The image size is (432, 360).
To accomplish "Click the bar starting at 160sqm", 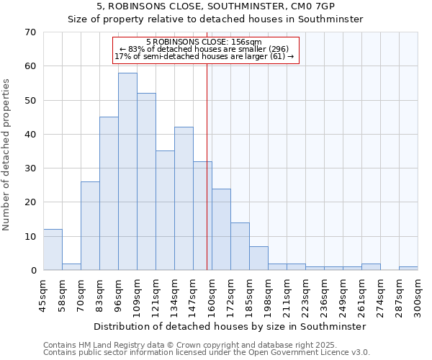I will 221,230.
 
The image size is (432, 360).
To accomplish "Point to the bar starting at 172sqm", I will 240,246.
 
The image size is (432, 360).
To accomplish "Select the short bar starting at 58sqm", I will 71,266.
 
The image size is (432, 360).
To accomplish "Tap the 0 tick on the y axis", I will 32,271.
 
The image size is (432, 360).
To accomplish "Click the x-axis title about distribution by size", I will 230,326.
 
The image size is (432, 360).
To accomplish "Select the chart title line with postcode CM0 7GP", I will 215,6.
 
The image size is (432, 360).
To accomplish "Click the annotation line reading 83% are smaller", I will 204,49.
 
